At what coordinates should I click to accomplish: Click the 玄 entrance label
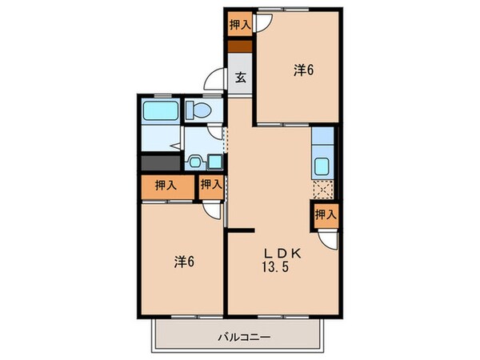click(240, 79)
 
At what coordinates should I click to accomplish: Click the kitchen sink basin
click(322, 168)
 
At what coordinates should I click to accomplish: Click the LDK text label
click(282, 253)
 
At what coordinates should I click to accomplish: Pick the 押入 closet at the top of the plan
click(240, 24)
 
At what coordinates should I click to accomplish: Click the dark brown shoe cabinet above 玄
click(240, 46)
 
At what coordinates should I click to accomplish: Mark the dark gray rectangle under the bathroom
click(161, 162)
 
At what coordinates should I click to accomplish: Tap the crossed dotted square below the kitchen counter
click(322, 190)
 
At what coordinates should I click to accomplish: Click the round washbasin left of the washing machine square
click(194, 162)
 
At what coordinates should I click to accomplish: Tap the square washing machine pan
click(214, 162)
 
